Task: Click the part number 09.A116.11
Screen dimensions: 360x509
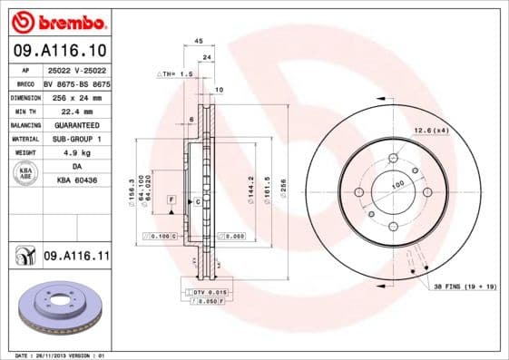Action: click(76, 258)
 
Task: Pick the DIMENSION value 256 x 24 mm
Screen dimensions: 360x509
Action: click(76, 97)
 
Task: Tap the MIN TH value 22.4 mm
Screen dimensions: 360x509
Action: click(76, 111)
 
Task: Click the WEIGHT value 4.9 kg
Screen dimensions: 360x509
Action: click(76, 153)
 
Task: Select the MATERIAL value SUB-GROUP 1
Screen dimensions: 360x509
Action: click(76, 139)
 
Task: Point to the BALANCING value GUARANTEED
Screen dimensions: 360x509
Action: click(76, 125)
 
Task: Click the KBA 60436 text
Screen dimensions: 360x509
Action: click(76, 181)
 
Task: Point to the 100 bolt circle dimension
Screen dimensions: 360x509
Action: click(396, 185)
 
